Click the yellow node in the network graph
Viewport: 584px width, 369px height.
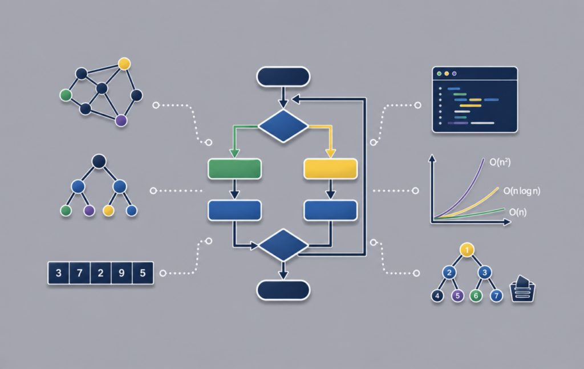[x=124, y=64]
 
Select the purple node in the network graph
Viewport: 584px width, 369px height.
[x=121, y=120]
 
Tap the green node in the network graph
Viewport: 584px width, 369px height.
[x=66, y=95]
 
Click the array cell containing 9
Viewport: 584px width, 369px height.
[x=121, y=273]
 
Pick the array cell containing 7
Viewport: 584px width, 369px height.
[x=79, y=273]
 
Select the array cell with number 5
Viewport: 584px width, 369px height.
[x=143, y=273]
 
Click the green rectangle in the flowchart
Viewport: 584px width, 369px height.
[x=234, y=169]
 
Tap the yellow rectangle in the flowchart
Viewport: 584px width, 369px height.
[x=330, y=169]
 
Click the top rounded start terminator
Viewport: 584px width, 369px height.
[x=283, y=76]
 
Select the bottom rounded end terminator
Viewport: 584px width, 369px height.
[x=283, y=290]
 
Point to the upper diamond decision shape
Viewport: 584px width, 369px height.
[x=283, y=126]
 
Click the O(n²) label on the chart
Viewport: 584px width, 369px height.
[x=500, y=162]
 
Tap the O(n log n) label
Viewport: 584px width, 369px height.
[x=522, y=191]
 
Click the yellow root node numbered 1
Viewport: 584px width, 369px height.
[x=467, y=250]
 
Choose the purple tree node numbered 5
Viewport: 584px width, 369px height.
[x=457, y=295]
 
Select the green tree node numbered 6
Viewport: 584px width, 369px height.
[x=476, y=295]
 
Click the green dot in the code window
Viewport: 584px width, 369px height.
[x=439, y=74]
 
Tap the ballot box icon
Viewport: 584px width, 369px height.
[x=522, y=289]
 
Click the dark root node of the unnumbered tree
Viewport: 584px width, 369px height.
[x=99, y=161]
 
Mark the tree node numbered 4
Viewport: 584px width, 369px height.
[x=437, y=296]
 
